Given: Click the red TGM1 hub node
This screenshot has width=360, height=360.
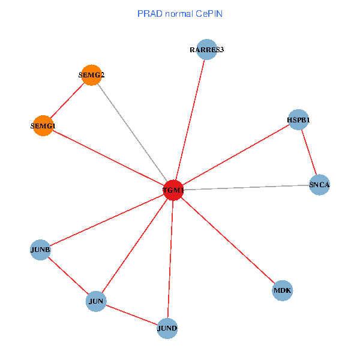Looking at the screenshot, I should tap(173, 190).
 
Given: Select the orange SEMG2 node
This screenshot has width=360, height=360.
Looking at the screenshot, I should tap(91, 75).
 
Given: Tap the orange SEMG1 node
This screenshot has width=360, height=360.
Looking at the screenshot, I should tap(43, 126).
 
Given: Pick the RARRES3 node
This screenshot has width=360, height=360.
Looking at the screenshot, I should tap(206, 50).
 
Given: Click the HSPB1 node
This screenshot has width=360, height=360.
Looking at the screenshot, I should tap(298, 120).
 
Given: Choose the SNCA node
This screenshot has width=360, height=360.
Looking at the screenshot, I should tap(319, 185).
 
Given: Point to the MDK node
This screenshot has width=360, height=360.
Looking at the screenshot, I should tap(282, 291).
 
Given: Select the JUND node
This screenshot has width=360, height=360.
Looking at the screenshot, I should tap(167, 328).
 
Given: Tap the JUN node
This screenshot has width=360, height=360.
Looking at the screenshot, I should tap(96, 301).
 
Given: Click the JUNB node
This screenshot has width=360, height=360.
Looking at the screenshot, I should tap(40, 250).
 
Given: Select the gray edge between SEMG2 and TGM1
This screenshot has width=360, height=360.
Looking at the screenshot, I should tap(132, 133).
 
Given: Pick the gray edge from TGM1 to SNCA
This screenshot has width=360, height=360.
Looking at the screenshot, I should tap(246, 187).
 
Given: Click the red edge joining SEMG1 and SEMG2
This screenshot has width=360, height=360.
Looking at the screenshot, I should tap(67, 101).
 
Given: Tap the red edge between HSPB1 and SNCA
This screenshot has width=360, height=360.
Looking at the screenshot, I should tap(308, 152).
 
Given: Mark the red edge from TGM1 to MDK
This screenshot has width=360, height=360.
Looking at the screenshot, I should tap(227, 241).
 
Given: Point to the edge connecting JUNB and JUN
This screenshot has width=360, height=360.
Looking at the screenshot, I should tap(68, 275).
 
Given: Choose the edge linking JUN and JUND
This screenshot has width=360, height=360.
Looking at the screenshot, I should tap(132, 314).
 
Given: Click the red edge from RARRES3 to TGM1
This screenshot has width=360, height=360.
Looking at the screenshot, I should tap(190, 120).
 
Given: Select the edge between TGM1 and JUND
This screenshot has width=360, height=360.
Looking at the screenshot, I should tap(170, 259).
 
